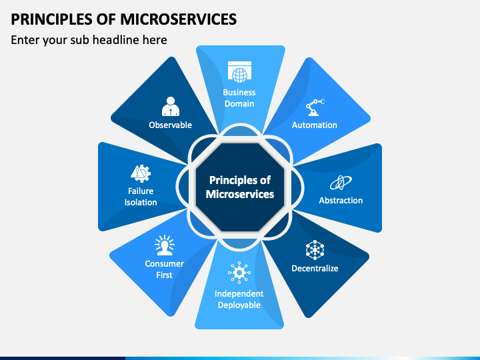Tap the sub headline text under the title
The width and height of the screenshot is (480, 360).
(89, 40)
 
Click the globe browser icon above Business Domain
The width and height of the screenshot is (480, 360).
(239, 71)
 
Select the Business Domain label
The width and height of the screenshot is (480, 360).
(239, 98)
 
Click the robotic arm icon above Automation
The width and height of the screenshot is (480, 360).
(315, 107)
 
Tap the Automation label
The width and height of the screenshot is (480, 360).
(315, 125)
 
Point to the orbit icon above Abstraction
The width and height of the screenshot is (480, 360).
(341, 182)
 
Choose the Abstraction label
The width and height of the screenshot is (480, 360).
(341, 200)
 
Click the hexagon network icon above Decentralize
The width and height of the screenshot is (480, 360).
(315, 250)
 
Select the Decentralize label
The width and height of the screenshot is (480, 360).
(315, 268)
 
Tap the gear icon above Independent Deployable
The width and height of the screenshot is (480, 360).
(239, 273)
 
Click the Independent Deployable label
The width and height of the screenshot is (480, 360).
(239, 299)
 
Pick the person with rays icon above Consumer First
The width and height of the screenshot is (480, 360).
(164, 245)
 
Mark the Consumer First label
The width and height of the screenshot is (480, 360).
(164, 269)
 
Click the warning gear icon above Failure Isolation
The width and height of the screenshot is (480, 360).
(141, 173)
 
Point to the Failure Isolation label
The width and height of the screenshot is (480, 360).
(141, 197)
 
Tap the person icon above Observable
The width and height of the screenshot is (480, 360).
(171, 107)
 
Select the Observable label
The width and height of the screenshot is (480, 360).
(171, 125)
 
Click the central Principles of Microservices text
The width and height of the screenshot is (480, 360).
(240, 187)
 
